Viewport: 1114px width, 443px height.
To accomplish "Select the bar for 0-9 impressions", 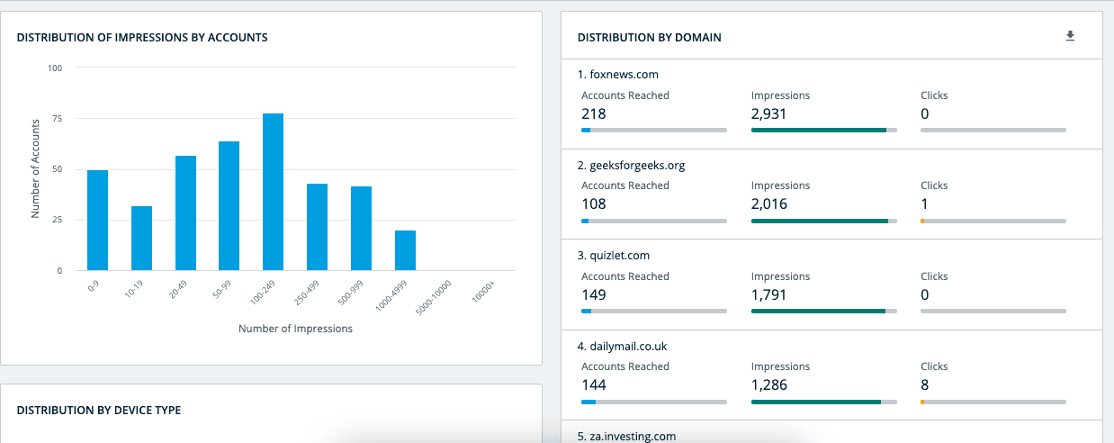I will tap(97, 221).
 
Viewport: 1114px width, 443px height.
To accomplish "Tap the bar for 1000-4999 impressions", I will tap(405, 250).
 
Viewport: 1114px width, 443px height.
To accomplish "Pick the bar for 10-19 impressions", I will tap(141, 239).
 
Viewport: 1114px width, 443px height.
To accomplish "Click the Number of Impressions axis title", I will tap(295, 329).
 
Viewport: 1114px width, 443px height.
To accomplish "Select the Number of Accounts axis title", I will tap(36, 168).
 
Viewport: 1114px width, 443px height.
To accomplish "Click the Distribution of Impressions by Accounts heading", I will tap(142, 38).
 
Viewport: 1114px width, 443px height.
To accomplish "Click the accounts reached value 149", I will tap(593, 294).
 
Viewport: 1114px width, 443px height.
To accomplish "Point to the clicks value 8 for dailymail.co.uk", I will tap(924, 384).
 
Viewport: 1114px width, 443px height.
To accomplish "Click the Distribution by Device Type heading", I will tap(99, 411).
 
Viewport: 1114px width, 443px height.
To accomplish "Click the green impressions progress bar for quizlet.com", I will tap(818, 312).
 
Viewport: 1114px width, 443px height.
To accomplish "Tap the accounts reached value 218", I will tap(593, 113).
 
